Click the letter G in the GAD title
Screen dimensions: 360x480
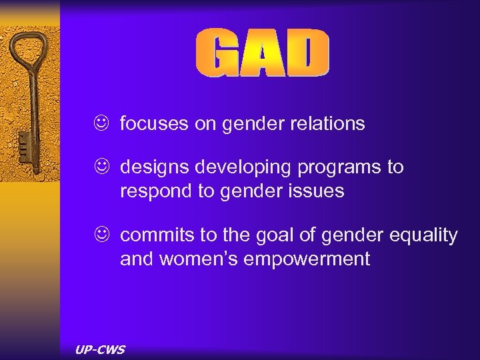coord(219,54)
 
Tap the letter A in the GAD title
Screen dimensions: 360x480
coord(262,54)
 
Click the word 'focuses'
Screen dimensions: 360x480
coord(150,124)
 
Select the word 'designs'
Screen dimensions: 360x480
coord(151,167)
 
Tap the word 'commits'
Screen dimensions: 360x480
coord(152,235)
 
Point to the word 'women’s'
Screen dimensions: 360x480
coord(199,259)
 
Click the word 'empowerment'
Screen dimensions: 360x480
coord(307,259)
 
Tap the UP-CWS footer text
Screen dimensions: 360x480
coord(101,349)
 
